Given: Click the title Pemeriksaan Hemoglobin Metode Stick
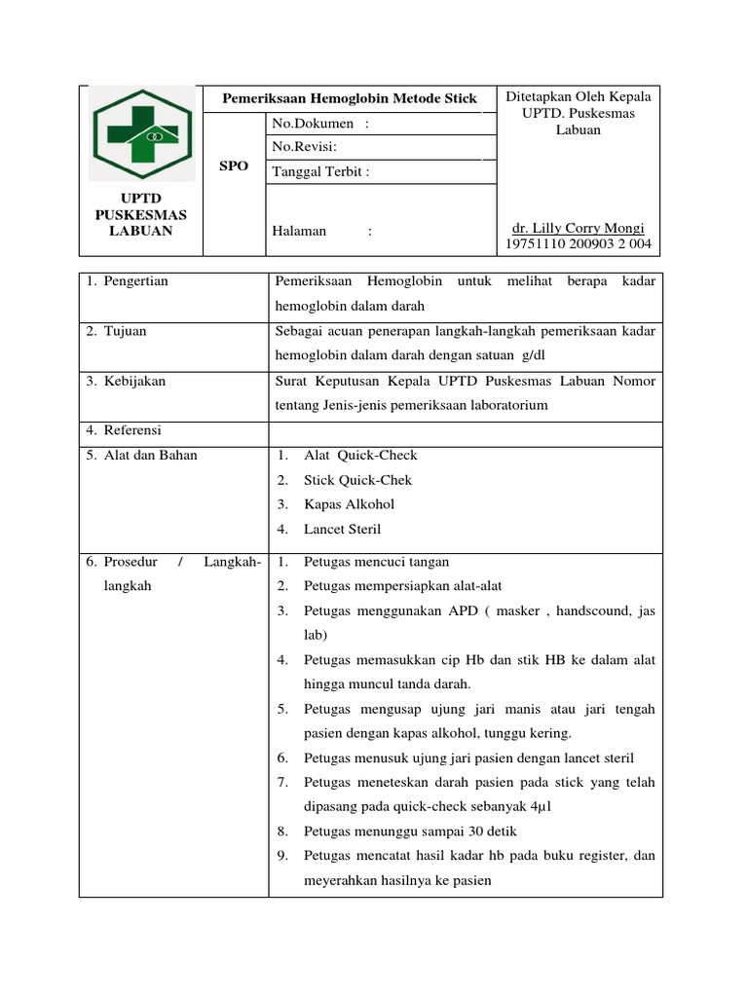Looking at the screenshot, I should coord(350,99).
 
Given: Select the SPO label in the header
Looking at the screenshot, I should coord(234,166).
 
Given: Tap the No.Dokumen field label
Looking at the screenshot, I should coord(320,124).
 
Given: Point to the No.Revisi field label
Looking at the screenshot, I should coord(304,147).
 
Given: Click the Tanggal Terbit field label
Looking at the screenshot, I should coord(321,172).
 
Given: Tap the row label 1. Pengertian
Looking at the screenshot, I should coord(127,281).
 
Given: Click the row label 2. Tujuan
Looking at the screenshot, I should coord(116,331).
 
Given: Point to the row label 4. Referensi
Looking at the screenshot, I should coord(124,430).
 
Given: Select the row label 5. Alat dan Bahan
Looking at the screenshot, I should coord(141,456).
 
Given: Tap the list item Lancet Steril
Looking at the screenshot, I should coord(342,530).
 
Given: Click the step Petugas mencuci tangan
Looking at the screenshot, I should coord(376,562).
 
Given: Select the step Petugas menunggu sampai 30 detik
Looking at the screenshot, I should coord(410,831).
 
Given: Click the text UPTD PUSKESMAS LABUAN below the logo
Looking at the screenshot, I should coord(141,214).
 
